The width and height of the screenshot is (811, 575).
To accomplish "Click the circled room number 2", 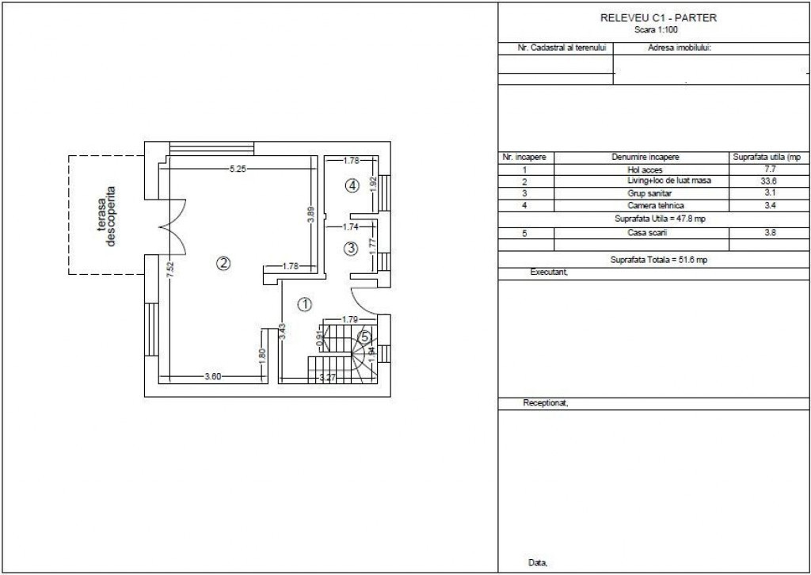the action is click(x=223, y=263).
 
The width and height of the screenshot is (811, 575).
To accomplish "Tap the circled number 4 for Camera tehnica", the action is click(x=352, y=185).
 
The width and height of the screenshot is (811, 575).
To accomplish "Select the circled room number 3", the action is click(x=351, y=249).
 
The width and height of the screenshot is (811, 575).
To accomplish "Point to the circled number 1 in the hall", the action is click(x=305, y=305).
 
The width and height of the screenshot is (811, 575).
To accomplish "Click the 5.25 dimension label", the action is click(x=238, y=169).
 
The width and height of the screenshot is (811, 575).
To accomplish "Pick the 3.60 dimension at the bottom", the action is click(x=212, y=376).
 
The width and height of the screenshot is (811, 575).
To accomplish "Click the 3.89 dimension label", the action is click(x=310, y=215).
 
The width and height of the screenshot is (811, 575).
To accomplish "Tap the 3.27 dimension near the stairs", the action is click(x=327, y=378).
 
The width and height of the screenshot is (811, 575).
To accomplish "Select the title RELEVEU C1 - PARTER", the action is click(x=658, y=18).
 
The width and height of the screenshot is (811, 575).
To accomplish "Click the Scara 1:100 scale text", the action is click(x=656, y=30).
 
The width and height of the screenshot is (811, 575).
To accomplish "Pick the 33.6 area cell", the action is click(x=770, y=181).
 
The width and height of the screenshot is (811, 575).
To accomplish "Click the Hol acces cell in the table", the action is click(x=645, y=169).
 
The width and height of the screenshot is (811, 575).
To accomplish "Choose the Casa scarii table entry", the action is click(x=647, y=233).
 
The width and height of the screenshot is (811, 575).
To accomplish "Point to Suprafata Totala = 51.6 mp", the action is click(x=658, y=260).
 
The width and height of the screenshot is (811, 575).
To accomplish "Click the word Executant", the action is click(x=550, y=272).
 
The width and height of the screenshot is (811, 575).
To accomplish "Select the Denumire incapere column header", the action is click(x=645, y=157).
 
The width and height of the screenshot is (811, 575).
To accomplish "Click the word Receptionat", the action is click(x=546, y=403).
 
